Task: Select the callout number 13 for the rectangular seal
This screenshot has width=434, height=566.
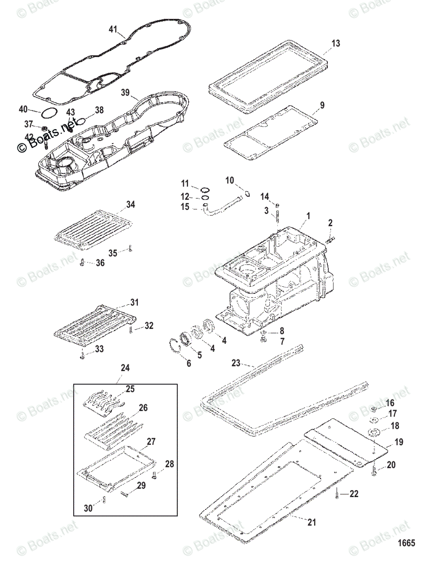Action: (x=335, y=44)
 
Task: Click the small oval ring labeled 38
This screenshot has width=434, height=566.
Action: (x=82, y=121)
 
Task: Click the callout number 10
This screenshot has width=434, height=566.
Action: (x=229, y=180)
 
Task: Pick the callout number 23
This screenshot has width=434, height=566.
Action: (x=236, y=363)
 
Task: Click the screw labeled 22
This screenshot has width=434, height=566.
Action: (x=337, y=493)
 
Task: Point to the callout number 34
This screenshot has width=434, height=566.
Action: (x=130, y=205)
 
